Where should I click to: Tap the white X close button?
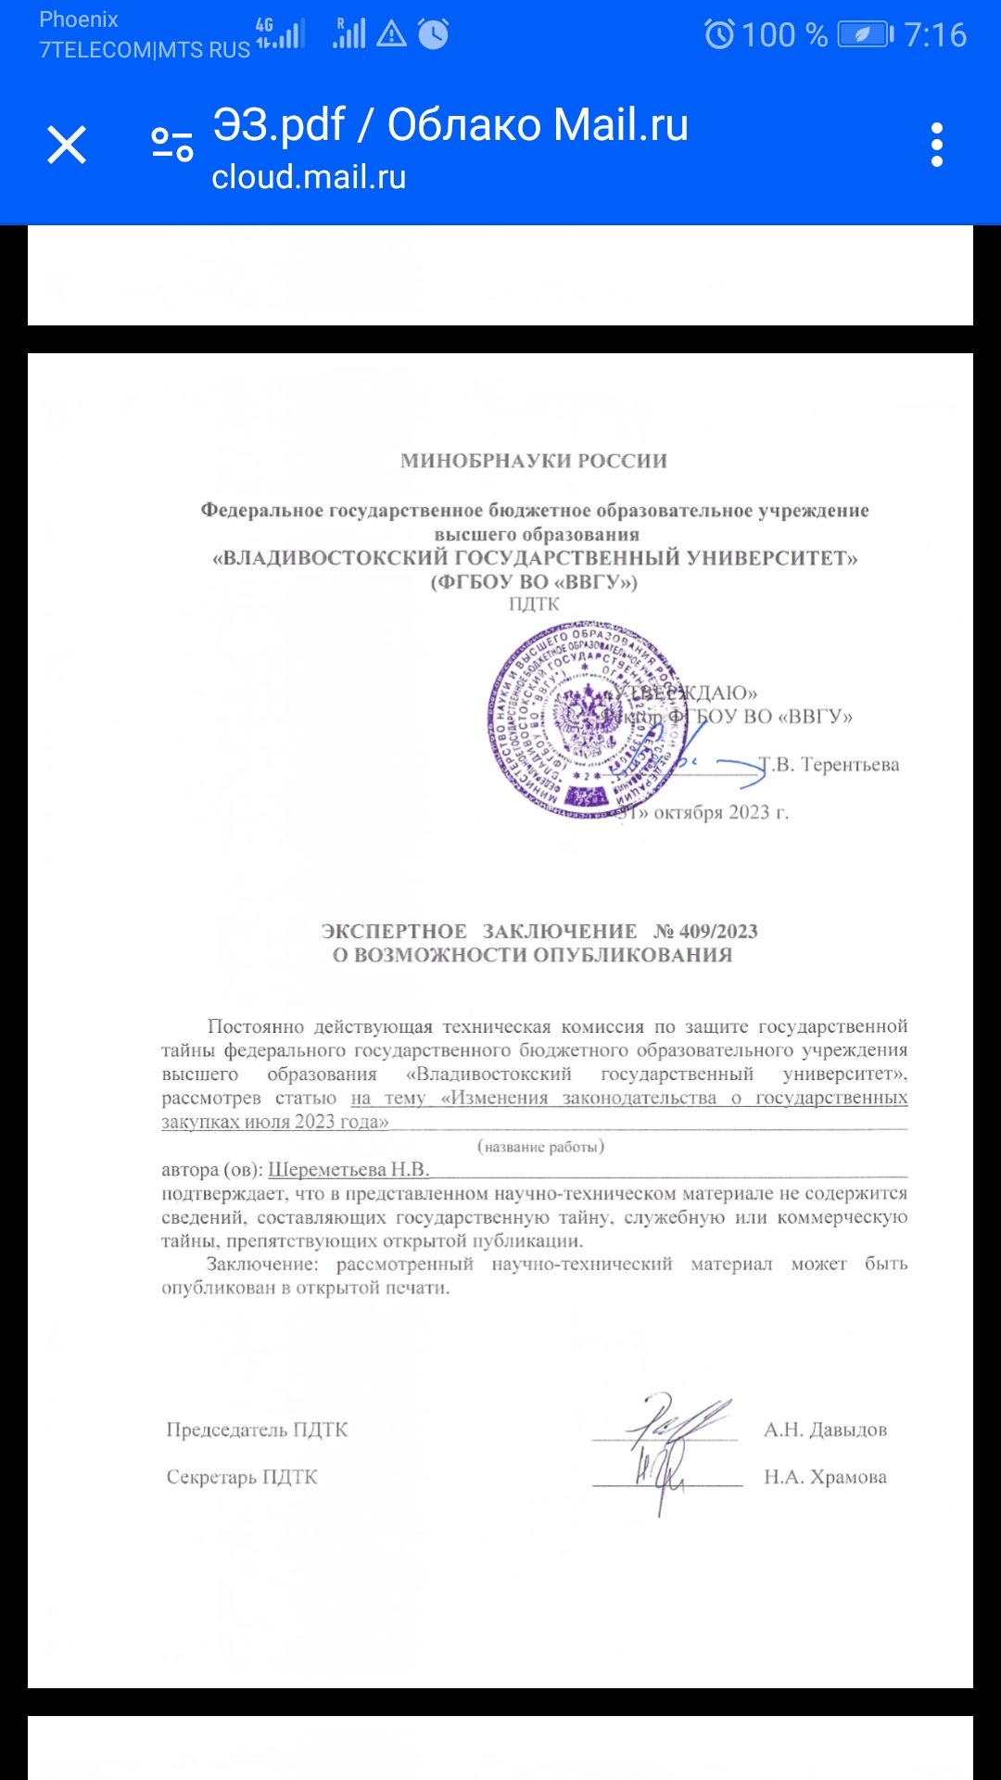(67, 146)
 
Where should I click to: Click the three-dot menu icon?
(937, 146)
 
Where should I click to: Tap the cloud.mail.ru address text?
(309, 177)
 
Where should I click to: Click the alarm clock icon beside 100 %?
(719, 35)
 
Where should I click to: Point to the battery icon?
(865, 35)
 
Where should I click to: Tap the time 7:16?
(935, 35)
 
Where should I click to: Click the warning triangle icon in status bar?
(392, 35)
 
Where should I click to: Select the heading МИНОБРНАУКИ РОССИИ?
(534, 461)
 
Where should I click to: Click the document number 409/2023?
(718, 931)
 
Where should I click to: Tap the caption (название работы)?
(540, 1147)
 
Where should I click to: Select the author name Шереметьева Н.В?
(348, 1170)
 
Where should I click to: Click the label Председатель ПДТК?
(257, 1430)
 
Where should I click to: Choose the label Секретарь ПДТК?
(242, 1477)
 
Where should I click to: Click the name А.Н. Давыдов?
(825, 1430)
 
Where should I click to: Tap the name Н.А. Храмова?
(825, 1477)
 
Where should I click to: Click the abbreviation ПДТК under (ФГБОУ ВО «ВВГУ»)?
(534, 604)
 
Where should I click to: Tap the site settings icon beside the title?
(172, 146)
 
